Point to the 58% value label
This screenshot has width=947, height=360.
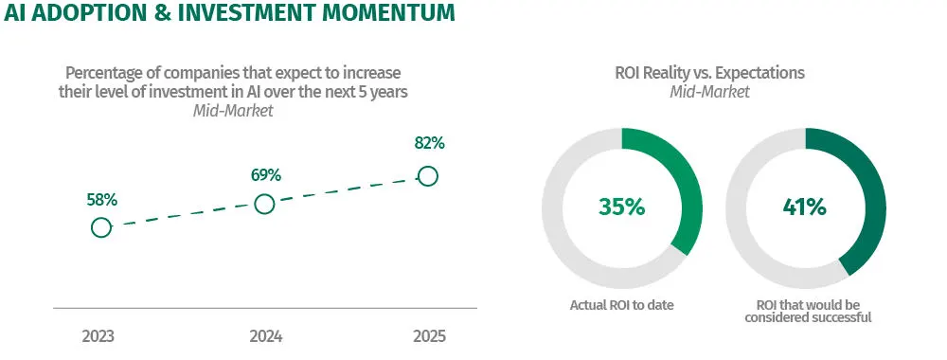pyautogui.click(x=101, y=201)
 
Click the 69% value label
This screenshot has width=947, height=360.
pyautogui.click(x=266, y=176)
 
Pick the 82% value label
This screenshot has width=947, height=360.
pyautogui.click(x=429, y=143)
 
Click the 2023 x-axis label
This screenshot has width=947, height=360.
pyautogui.click(x=98, y=336)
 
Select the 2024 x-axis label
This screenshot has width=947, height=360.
pyautogui.click(x=266, y=336)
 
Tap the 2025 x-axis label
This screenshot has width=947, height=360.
pyautogui.click(x=429, y=336)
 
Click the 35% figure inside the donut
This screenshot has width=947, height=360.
pyautogui.click(x=621, y=207)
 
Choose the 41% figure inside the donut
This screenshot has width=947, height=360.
pyautogui.click(x=804, y=207)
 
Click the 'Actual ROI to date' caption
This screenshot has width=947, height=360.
pyautogui.click(x=621, y=305)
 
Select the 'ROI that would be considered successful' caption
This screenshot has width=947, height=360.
pyautogui.click(x=808, y=311)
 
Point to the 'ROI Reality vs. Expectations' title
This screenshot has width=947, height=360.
pyautogui.click(x=709, y=73)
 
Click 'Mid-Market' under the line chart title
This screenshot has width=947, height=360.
pyautogui.click(x=233, y=111)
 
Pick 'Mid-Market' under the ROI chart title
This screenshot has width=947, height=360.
pyautogui.click(x=709, y=92)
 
